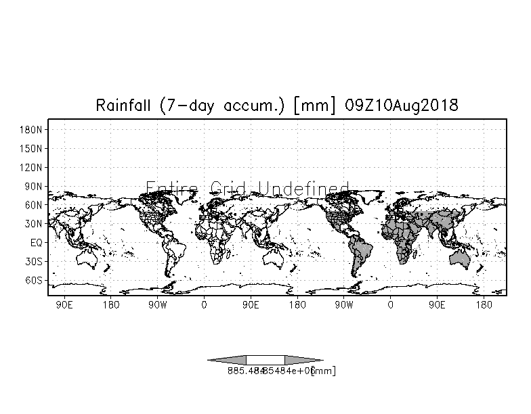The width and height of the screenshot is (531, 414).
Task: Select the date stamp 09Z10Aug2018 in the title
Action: [x=402, y=106]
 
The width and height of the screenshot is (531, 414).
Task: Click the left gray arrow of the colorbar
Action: [x=228, y=360]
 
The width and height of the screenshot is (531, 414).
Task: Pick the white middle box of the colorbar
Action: [x=265, y=360]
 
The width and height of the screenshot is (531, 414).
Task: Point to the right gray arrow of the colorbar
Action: [x=303, y=360]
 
